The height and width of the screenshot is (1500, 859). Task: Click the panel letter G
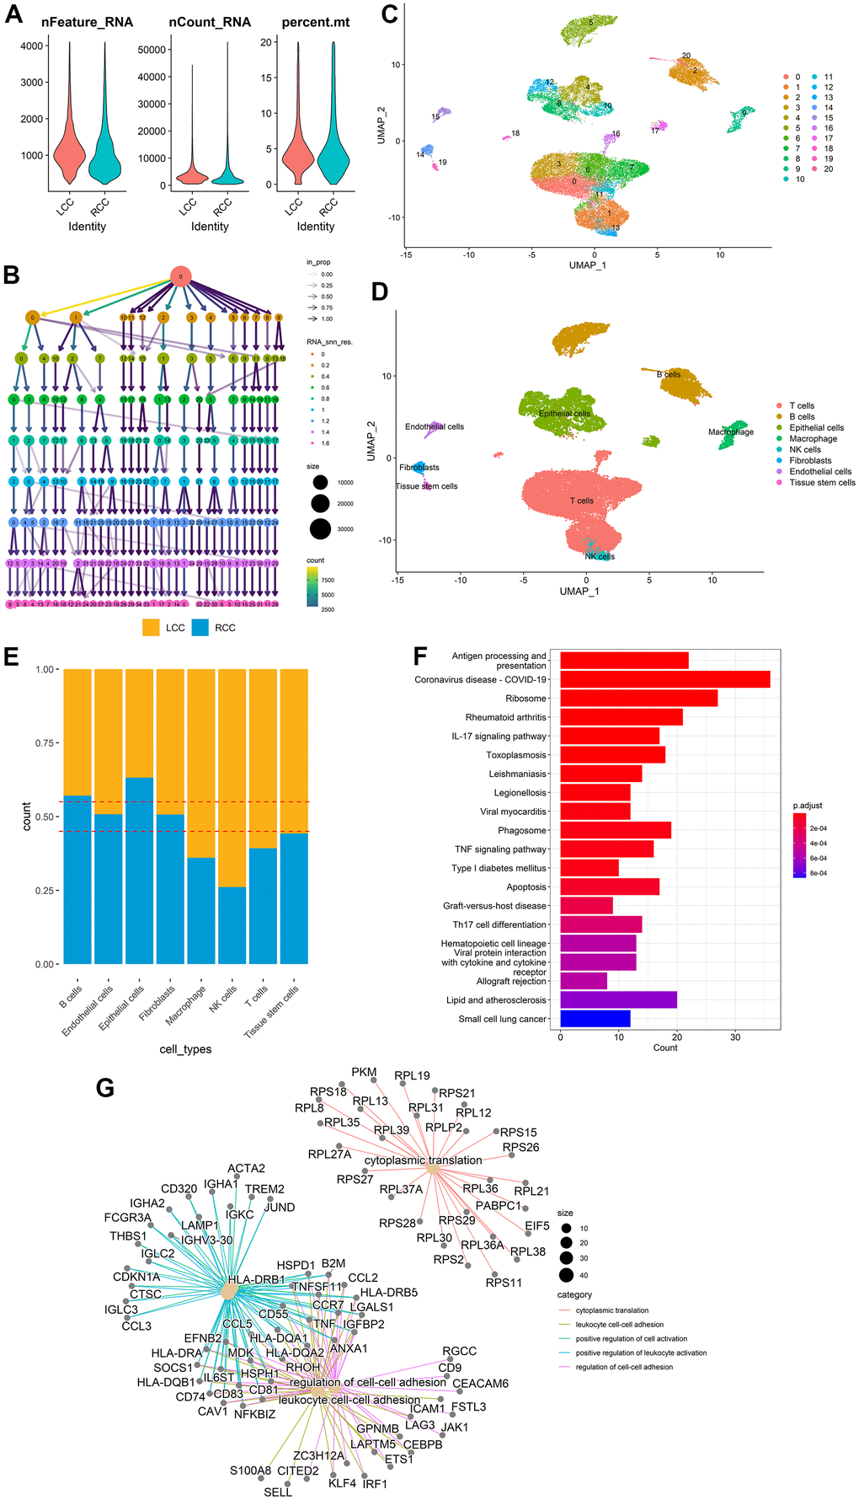coord(104,1087)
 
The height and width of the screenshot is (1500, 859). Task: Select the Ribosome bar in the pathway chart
coord(638,698)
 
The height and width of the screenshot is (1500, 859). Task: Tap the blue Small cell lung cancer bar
coord(595,1019)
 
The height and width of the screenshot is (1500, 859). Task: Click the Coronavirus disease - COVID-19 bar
coord(664,679)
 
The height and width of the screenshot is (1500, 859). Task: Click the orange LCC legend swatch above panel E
coord(151,628)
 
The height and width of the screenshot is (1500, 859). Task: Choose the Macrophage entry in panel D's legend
coord(813,439)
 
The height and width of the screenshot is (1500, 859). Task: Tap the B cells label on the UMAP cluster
coord(669,375)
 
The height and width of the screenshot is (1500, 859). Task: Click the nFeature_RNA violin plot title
coord(87,22)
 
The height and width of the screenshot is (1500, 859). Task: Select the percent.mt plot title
coord(316,22)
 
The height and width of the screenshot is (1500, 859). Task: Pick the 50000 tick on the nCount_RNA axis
coord(152,50)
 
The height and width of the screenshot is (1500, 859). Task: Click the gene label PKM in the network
coord(364,1072)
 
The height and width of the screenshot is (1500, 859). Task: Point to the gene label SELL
coord(278,1492)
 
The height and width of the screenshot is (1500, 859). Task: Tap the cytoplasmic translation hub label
coord(423,1160)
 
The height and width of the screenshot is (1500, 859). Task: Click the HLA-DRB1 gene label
coord(256,1280)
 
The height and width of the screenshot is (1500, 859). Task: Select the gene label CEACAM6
coord(480,1383)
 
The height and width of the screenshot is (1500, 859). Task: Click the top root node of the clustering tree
coord(180,276)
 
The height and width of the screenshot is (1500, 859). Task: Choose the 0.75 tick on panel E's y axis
coord(46,743)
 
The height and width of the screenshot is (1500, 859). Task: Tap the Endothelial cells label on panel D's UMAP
coord(435,426)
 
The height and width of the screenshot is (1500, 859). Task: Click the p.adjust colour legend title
coord(808,806)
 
